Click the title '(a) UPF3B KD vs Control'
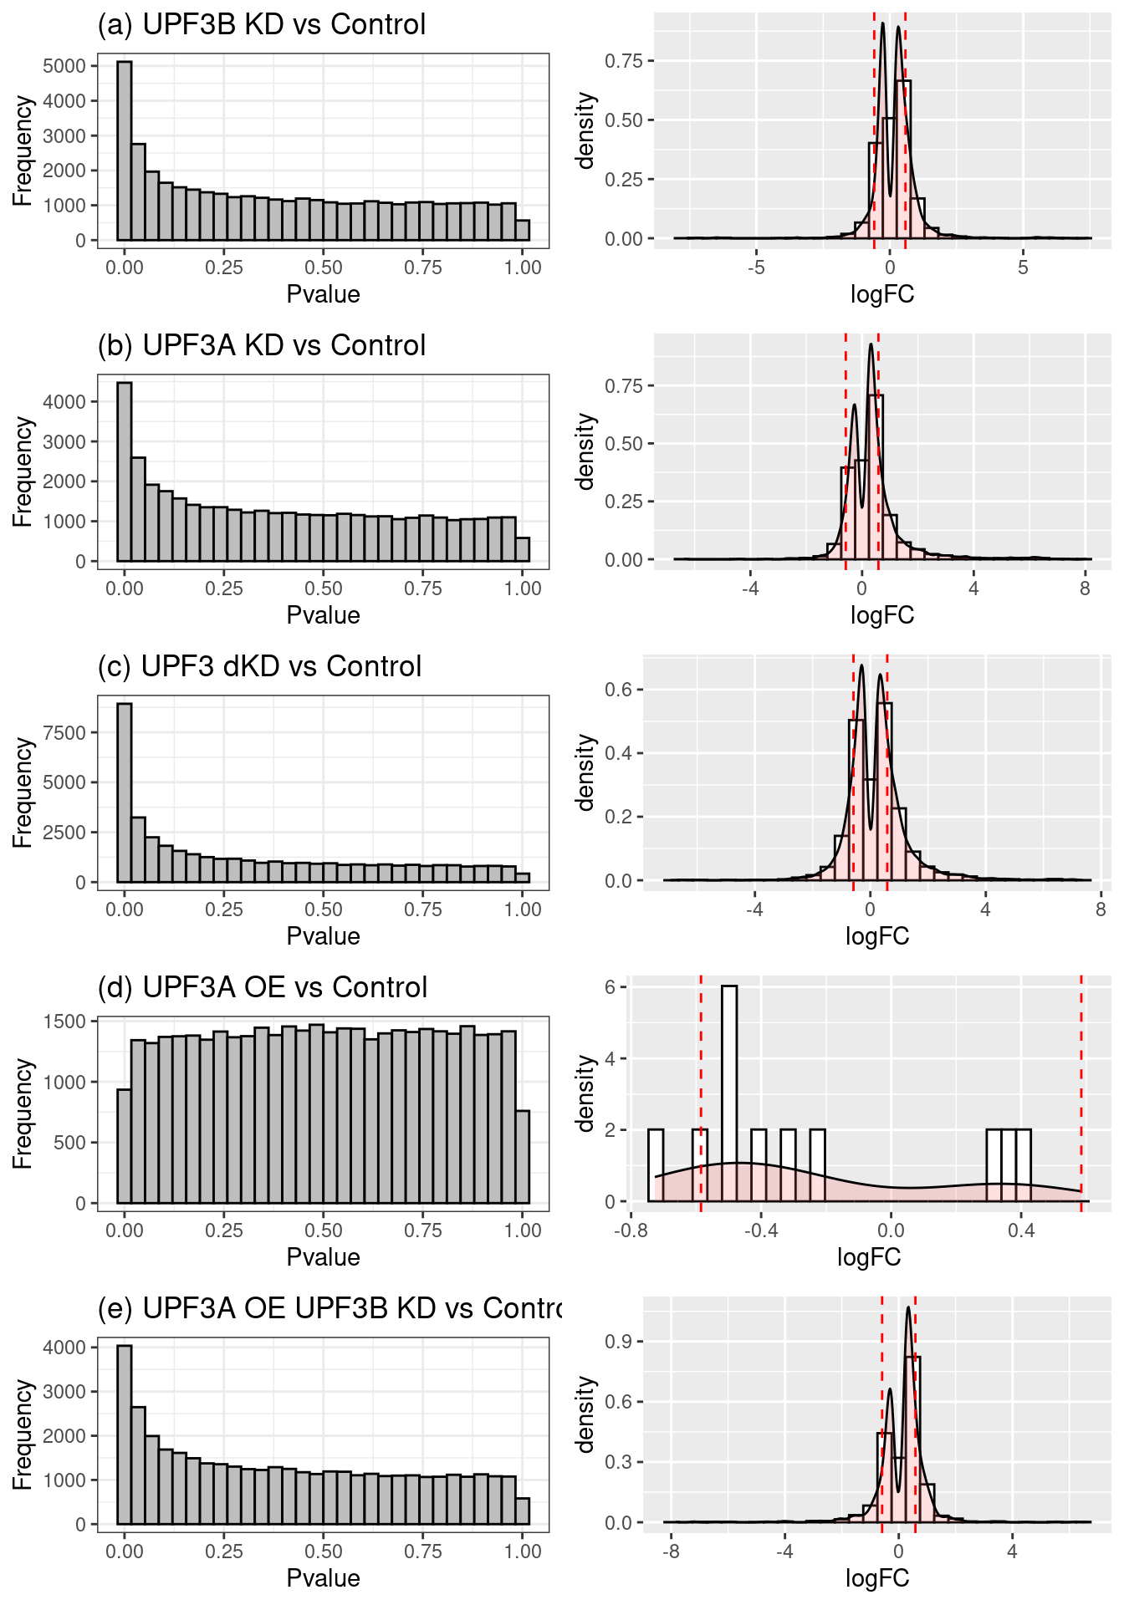(262, 24)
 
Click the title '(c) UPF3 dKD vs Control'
(259, 666)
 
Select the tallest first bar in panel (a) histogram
(124, 150)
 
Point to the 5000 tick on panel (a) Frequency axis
(64, 66)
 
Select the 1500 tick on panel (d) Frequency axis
(64, 1022)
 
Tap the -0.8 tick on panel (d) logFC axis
(631, 1230)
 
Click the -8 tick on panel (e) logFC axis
(671, 1551)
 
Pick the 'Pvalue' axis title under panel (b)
(323, 615)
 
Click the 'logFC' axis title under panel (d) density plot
(869, 1257)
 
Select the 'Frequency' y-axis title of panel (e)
(23, 1434)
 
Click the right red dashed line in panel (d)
(1081, 1087)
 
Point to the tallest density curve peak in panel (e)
(908, 1309)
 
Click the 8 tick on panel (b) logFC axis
(1085, 588)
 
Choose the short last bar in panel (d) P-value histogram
(523, 1157)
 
